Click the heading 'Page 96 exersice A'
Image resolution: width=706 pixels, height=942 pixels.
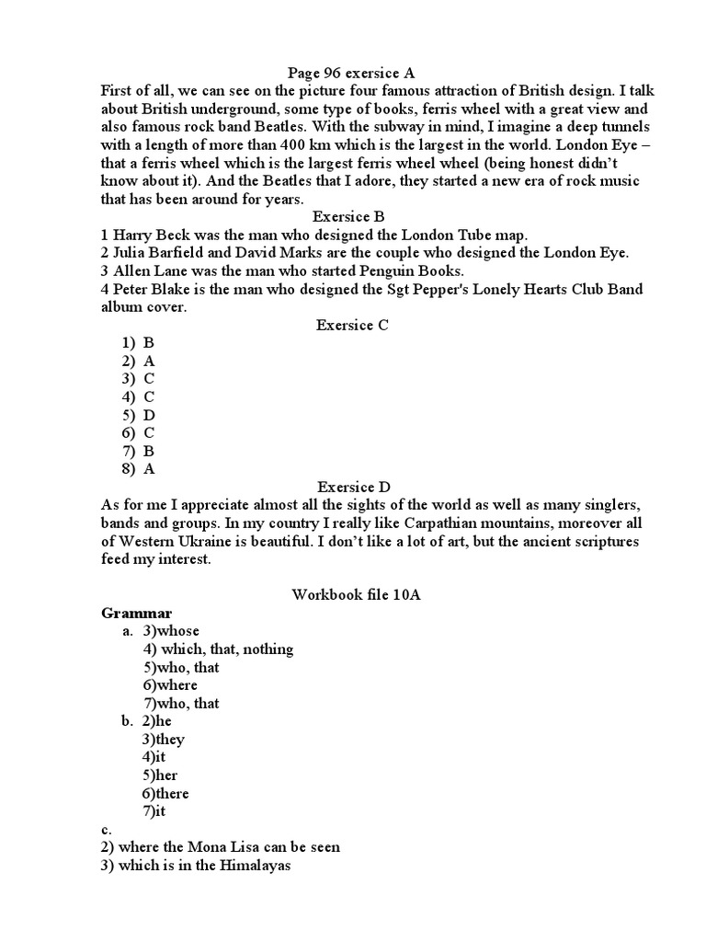(x=354, y=73)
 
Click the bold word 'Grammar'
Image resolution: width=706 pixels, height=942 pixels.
(x=136, y=613)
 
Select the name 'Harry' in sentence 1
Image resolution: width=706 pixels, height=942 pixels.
(x=134, y=235)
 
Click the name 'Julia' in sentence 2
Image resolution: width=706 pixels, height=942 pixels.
(x=132, y=253)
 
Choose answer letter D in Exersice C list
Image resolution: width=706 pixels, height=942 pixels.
(x=149, y=415)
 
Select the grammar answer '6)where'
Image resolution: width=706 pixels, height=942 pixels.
(x=170, y=685)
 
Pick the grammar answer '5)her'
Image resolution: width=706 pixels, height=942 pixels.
(x=159, y=775)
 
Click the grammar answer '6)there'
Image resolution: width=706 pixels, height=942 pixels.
(x=165, y=794)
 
